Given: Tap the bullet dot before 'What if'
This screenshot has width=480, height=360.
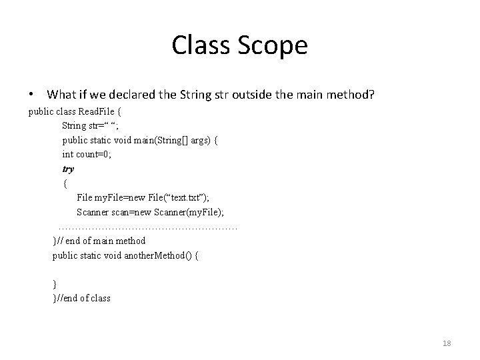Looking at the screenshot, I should click(31, 96).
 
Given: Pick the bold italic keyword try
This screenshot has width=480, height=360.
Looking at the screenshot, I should click(68, 169).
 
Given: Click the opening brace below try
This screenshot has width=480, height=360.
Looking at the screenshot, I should click(65, 183).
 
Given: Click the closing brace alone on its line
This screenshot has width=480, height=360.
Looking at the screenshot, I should click(55, 284).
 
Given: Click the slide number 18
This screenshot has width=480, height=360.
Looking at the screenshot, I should click(447, 343).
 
